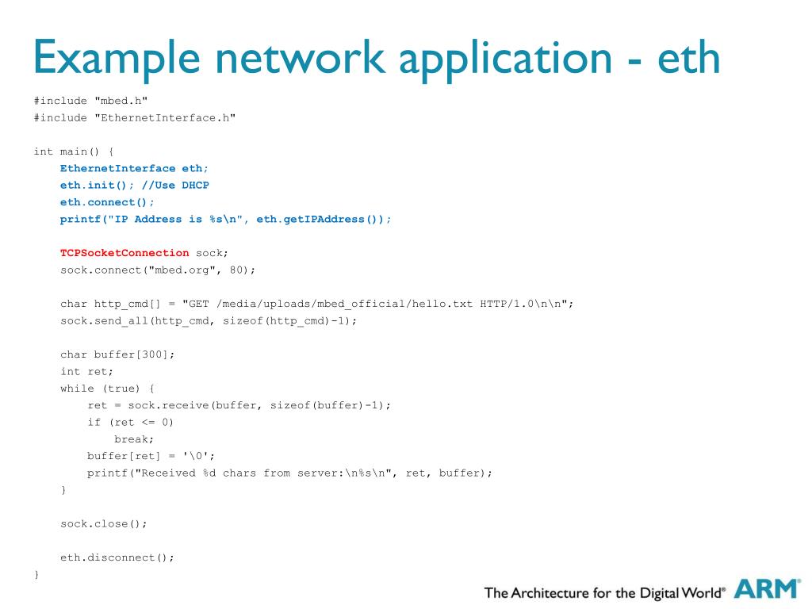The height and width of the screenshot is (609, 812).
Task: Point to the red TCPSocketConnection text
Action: coord(124,253)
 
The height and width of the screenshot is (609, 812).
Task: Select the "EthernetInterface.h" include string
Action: coord(165,117)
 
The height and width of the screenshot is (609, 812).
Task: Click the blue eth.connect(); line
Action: coord(107,202)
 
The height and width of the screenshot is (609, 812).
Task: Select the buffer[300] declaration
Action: coord(131,354)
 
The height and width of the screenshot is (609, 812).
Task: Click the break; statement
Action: coord(134,439)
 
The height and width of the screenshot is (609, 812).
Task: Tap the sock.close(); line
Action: coord(104,523)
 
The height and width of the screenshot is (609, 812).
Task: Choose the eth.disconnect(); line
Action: coord(117,557)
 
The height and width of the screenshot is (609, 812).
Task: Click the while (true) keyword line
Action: coord(107,389)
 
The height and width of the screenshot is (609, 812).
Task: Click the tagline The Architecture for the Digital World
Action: coord(604,592)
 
